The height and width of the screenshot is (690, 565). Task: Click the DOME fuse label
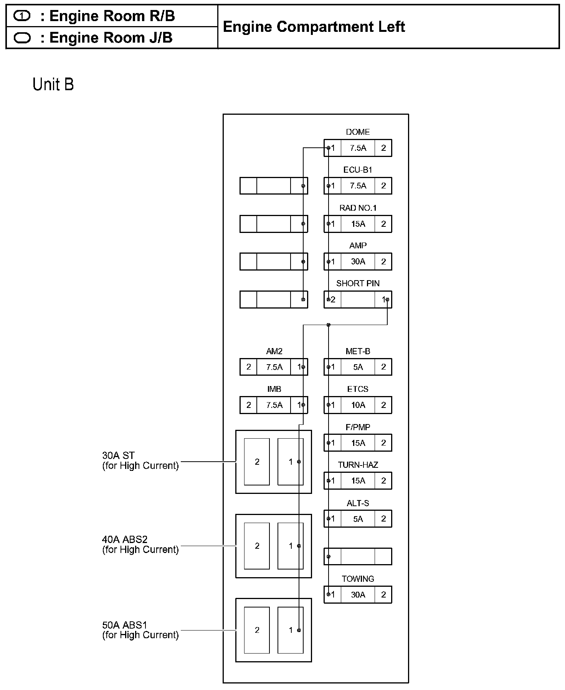tap(358, 132)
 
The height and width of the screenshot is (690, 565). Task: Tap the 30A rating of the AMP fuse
tap(358, 262)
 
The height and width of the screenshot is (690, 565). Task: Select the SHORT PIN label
tap(358, 284)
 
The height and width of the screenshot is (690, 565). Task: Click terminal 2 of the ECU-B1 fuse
tap(383, 186)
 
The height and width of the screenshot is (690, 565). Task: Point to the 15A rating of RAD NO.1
tap(358, 224)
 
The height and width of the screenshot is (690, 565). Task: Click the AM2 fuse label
tap(274, 351)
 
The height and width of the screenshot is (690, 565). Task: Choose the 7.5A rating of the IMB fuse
tap(274, 405)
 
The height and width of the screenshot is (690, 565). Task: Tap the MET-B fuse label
tap(358, 351)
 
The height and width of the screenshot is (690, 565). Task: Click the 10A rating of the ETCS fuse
tap(358, 405)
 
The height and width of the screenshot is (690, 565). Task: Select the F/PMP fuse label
tap(358, 427)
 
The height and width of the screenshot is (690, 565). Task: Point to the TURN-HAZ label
tap(358, 465)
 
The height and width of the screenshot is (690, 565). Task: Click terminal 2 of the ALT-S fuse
tap(383, 519)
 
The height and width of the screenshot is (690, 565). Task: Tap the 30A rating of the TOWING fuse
tap(358, 595)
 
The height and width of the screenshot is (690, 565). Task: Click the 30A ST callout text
tap(119, 456)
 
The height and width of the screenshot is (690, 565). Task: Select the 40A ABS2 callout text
tap(125, 540)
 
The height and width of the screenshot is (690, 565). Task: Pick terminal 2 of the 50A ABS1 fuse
tap(257, 630)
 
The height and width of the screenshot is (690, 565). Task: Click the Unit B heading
tap(53, 84)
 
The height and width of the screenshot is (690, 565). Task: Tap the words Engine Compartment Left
tap(314, 27)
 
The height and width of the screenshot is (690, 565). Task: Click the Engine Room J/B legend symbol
tap(22, 38)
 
